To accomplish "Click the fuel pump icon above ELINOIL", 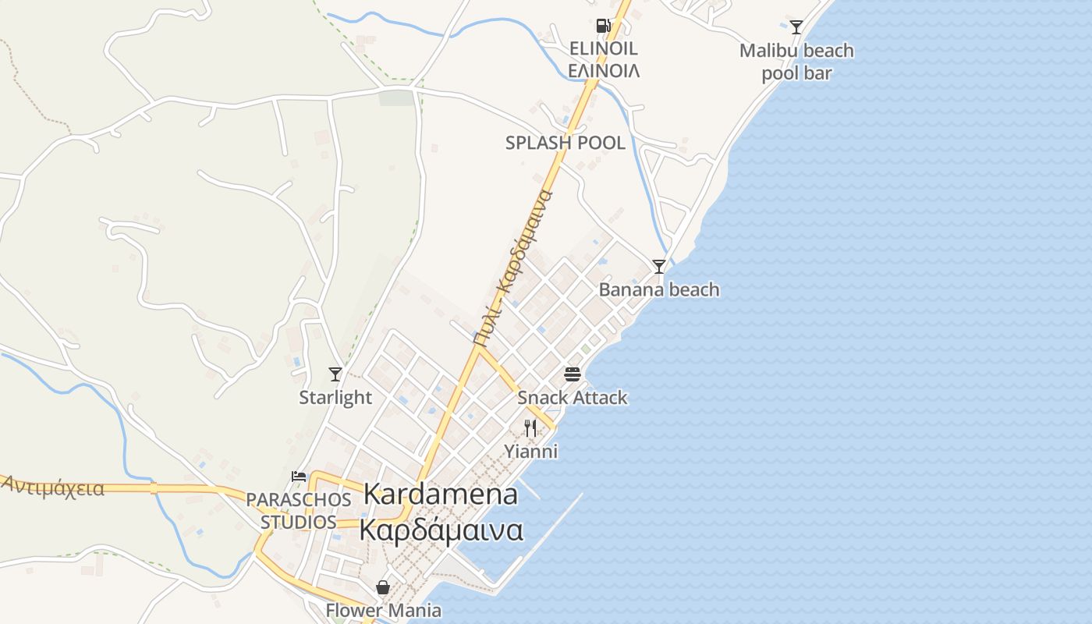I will click(603, 25).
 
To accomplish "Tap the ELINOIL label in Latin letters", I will click(603, 48).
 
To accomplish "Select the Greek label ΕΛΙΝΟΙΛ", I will click(603, 70).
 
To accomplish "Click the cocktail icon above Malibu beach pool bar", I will click(796, 27).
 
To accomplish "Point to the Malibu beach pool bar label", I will click(796, 62).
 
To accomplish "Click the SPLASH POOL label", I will click(565, 143).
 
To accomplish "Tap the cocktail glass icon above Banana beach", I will click(659, 267).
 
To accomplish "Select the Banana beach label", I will click(659, 290).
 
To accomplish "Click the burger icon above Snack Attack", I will click(573, 374).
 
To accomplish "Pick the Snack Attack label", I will click(573, 398).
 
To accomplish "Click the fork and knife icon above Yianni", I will click(530, 427).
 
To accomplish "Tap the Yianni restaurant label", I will click(530, 452).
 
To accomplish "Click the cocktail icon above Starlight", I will click(335, 374).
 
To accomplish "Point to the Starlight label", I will click(335, 398).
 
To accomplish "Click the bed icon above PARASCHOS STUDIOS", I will click(299, 476).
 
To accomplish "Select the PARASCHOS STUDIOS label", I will click(299, 510).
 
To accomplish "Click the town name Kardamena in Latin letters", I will click(441, 494).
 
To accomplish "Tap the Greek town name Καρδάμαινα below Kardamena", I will click(441, 530).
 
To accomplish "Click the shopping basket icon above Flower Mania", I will click(383, 587).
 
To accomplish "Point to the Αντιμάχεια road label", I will click(53, 487).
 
